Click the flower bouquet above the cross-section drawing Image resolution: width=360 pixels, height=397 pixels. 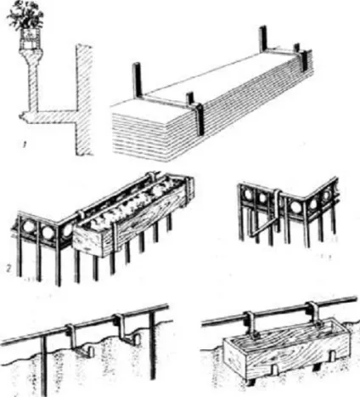point(25,14)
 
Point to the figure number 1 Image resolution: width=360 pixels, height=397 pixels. point(25,146)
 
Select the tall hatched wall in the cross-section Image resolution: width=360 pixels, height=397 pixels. point(84,99)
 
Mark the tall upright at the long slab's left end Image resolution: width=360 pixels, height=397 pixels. point(136,81)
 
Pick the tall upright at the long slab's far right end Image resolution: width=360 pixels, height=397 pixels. point(263,39)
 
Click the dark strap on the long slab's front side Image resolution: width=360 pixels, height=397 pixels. point(200,118)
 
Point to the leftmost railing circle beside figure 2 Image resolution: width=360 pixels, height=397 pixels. point(29,227)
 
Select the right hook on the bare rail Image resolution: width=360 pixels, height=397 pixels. point(127,329)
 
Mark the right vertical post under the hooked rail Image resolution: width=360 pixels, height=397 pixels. point(152,345)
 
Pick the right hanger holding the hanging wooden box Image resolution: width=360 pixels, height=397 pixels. point(315,315)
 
